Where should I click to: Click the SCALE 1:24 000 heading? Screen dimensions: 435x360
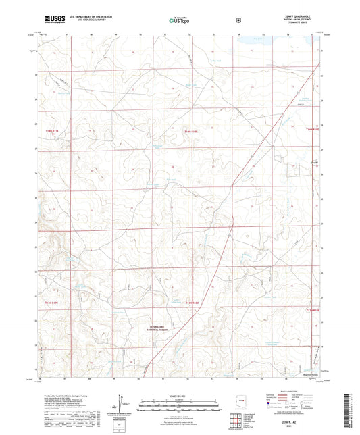coord(179,395)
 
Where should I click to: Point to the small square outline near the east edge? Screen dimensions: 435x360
coord(293,170)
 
